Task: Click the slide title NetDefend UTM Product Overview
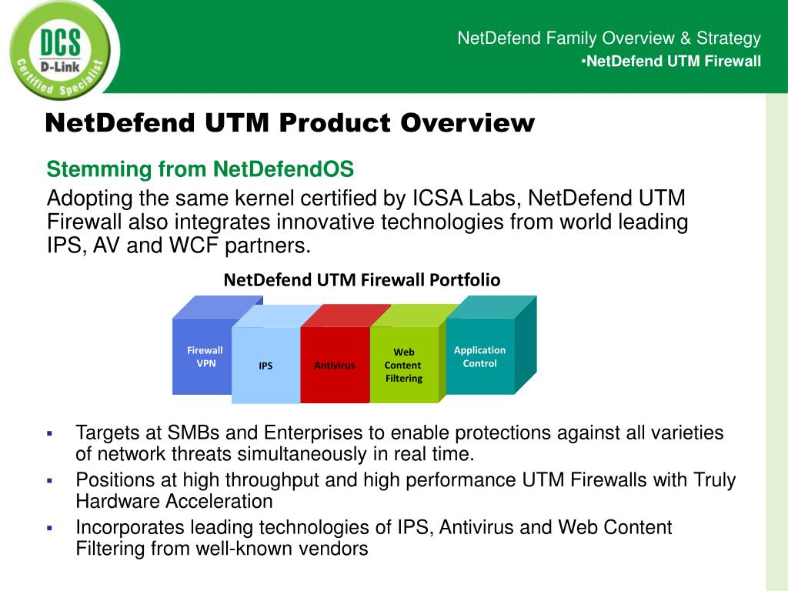289,122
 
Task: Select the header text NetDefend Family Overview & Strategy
609,38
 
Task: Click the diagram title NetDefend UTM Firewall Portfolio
362,280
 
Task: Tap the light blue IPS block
265,366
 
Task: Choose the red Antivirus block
334,366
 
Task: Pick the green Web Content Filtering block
403,365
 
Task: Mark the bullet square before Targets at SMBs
48,433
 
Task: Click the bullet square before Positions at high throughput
48,481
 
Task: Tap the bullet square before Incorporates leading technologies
48,529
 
